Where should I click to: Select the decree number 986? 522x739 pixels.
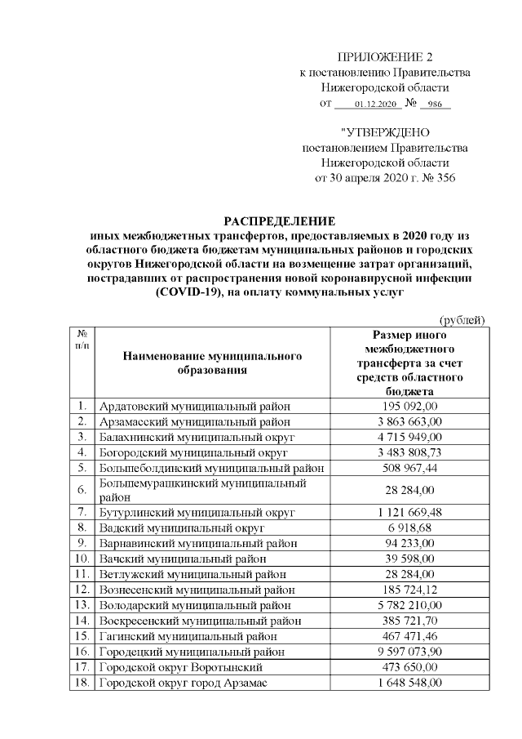[x=434, y=105]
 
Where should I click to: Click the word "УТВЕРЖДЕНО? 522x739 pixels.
[x=385, y=132]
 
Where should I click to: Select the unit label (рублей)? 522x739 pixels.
[x=462, y=319]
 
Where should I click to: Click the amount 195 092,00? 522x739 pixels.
[x=409, y=406]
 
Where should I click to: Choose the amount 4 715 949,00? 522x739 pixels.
[x=409, y=437]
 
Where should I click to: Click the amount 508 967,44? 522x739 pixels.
[x=409, y=468]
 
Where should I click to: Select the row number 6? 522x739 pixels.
[x=82, y=490]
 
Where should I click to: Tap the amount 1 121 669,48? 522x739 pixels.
[x=409, y=512]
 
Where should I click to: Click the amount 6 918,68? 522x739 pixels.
[x=409, y=528]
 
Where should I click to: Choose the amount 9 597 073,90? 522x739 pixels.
[x=409, y=652]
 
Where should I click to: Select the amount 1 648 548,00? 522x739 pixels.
[x=409, y=683]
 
